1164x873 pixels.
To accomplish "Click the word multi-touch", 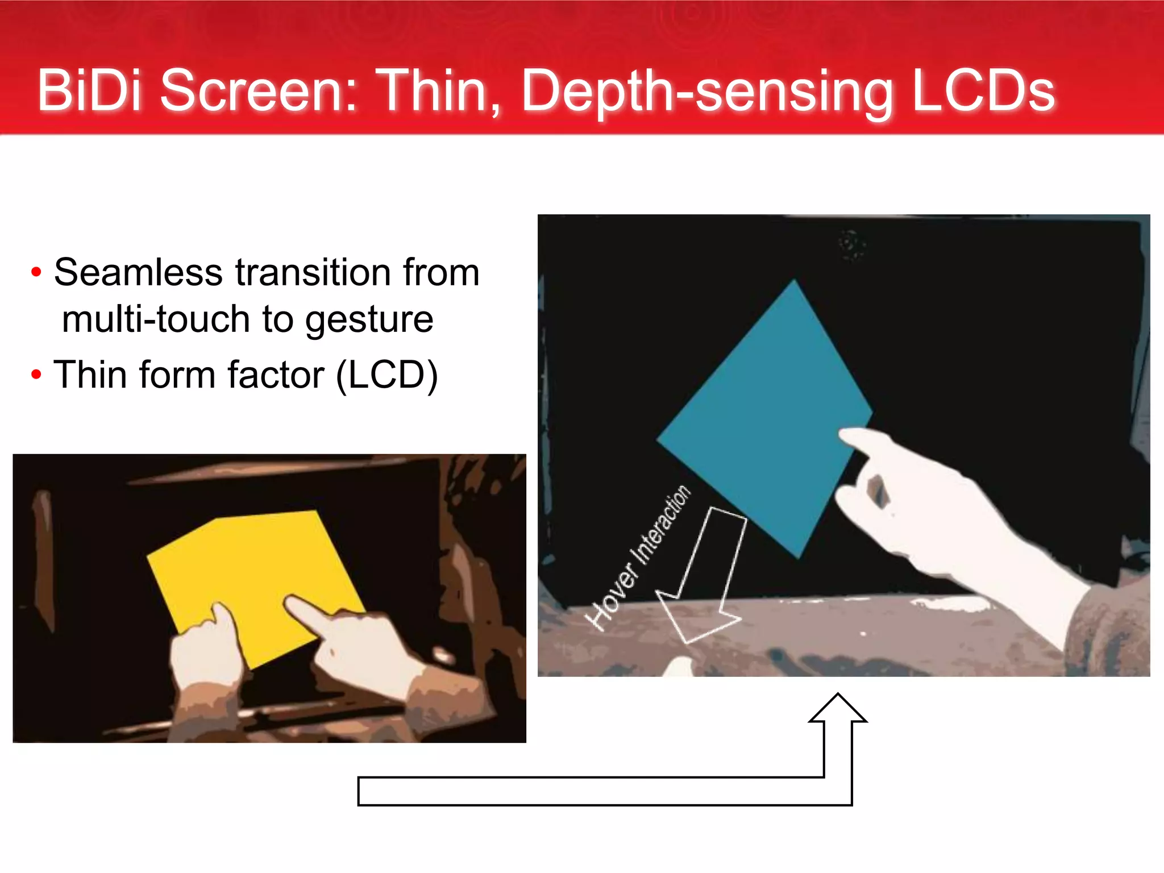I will click(155, 319).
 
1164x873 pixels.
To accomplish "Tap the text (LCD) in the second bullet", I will click(386, 376).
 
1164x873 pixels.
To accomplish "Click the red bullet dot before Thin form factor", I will click(36, 375).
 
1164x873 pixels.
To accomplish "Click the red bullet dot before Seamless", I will click(36, 272).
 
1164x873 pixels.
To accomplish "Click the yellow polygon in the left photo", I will click(250, 568).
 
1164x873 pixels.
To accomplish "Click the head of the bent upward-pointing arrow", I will click(838, 708).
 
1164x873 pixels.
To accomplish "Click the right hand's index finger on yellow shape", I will click(301, 611).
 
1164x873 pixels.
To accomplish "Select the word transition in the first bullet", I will click(313, 272).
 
